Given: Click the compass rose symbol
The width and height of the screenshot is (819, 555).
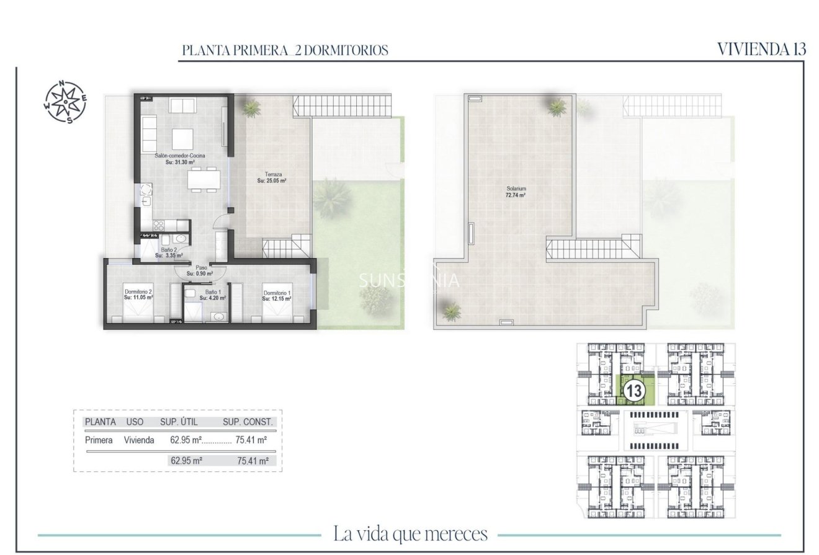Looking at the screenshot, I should click(66, 102).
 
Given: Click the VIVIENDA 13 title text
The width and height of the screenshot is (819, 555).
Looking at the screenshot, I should click(761, 50).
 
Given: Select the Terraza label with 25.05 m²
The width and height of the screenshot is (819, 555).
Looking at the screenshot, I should click(272, 178).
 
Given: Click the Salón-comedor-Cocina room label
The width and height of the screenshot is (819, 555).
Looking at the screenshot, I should click(180, 159).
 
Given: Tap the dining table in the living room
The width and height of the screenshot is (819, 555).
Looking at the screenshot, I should click(204, 179).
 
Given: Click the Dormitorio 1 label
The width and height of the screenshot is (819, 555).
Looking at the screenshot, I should click(277, 296).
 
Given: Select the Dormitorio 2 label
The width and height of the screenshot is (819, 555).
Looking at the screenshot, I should click(138, 295).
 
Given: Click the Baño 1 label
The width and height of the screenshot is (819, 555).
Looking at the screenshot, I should click(212, 295).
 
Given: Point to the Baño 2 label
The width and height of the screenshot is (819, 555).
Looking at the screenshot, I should click(169, 252).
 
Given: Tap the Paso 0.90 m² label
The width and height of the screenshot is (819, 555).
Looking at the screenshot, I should click(199, 270).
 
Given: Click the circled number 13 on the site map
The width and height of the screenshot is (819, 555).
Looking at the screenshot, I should click(633, 391).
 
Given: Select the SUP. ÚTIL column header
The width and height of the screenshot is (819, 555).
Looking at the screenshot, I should click(179, 422).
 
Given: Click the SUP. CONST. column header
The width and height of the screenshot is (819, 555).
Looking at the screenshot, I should click(248, 422).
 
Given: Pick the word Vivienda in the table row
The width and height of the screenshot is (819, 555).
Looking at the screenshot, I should click(139, 440).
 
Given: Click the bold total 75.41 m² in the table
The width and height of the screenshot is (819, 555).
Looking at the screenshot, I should click(253, 461).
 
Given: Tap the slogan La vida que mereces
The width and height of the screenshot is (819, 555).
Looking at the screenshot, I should click(410, 533).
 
